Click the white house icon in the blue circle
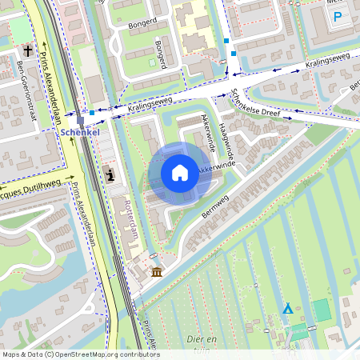pos(180,172)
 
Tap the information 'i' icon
pos(110,174)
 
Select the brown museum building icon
pos(156,273)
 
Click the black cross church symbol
pos(28,51)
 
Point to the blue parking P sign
pos(338,16)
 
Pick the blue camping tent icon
pos(287,308)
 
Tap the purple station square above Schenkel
pos(81,119)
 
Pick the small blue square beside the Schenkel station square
pos(92,113)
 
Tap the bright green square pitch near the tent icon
pos(321,310)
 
